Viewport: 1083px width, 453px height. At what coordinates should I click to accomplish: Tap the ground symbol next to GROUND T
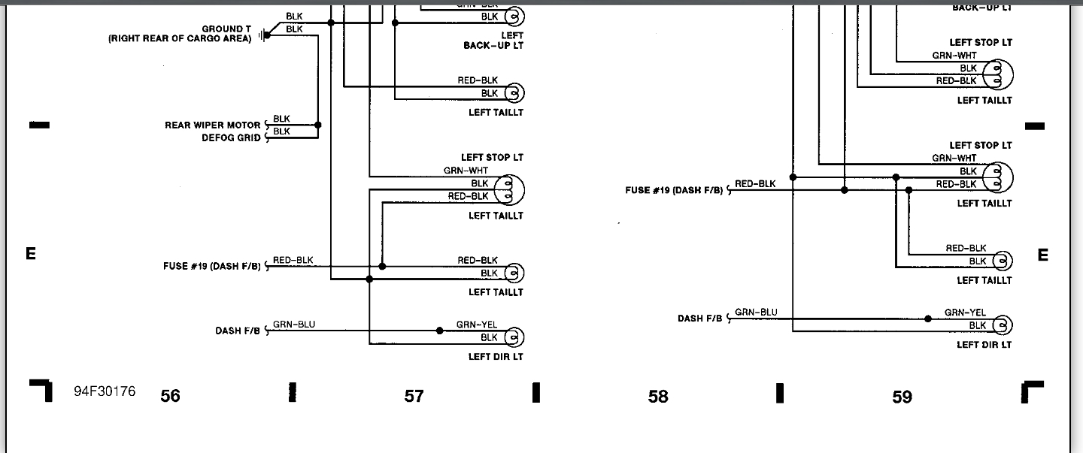[261, 35]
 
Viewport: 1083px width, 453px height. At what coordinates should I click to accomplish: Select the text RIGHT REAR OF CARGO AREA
[180, 39]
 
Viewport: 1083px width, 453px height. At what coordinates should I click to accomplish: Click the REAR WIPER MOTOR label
[213, 125]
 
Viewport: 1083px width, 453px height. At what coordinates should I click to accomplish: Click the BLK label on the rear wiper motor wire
[281, 119]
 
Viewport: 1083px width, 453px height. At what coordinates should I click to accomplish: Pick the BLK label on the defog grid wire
[281, 131]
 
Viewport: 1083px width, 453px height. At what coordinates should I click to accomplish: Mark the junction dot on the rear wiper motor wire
[317, 125]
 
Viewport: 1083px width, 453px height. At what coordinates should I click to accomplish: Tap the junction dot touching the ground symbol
[267, 35]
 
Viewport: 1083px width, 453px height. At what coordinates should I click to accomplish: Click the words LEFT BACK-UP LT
[493, 41]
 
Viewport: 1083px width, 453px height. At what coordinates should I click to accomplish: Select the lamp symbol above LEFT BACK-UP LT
[514, 16]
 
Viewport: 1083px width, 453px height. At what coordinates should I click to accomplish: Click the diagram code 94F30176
[105, 391]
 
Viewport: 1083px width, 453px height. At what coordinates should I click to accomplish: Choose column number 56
[171, 396]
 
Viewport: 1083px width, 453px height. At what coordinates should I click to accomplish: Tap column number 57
[414, 396]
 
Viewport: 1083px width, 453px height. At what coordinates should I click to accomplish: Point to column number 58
[658, 396]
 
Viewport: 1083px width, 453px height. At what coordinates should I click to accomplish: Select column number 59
[902, 396]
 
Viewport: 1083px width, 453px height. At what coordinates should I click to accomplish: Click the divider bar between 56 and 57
[293, 392]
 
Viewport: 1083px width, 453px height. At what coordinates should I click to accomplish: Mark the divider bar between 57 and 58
[536, 392]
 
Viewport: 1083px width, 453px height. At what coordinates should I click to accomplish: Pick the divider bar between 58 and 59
[780, 392]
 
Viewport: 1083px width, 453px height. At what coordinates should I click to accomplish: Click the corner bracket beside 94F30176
[42, 390]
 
